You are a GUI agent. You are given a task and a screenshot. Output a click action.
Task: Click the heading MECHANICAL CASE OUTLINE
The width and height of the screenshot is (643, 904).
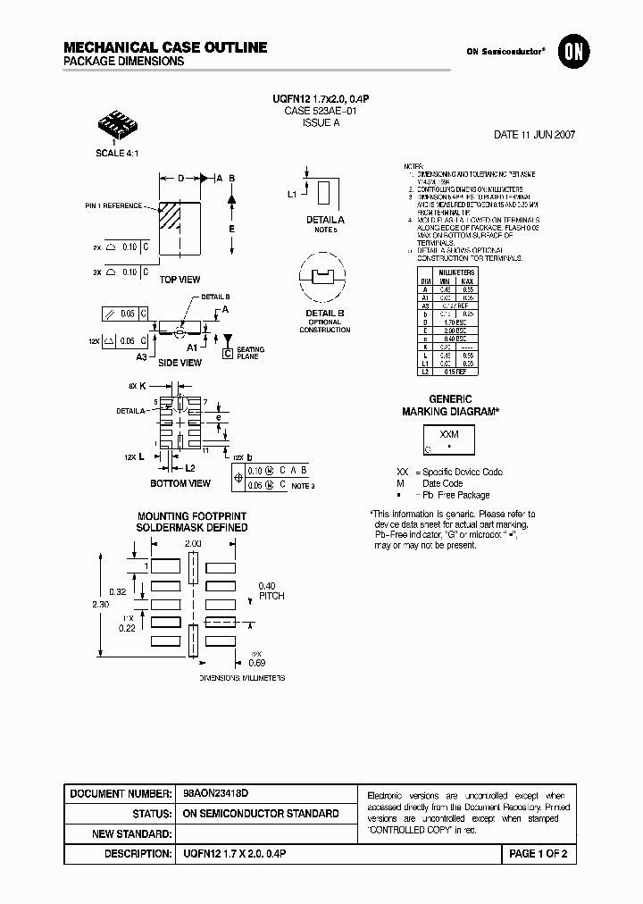(165, 46)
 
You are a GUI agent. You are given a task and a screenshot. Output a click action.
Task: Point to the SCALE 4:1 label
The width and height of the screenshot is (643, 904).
(117, 153)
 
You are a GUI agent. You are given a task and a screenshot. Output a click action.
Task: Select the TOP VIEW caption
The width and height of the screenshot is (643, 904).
(180, 280)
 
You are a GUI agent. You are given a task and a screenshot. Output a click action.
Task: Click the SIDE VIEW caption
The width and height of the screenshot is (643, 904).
(180, 363)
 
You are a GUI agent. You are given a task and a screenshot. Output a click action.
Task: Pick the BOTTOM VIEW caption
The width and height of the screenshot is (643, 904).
(181, 483)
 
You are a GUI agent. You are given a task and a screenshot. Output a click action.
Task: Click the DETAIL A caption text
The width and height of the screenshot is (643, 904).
(324, 220)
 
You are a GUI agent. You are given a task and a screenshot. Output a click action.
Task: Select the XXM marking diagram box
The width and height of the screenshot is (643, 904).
(449, 440)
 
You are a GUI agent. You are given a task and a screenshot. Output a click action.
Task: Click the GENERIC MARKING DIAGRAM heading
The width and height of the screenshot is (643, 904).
(450, 405)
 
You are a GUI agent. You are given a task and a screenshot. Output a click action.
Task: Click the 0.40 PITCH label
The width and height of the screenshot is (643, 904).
(271, 590)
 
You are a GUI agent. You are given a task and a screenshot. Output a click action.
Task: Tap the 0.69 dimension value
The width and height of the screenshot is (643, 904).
(256, 662)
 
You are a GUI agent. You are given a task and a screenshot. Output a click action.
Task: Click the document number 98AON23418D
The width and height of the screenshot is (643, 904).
(215, 793)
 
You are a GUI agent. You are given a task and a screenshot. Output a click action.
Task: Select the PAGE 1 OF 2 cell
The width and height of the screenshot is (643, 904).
(538, 854)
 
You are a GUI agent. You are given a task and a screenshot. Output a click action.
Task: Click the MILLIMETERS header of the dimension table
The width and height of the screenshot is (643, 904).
(456, 272)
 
